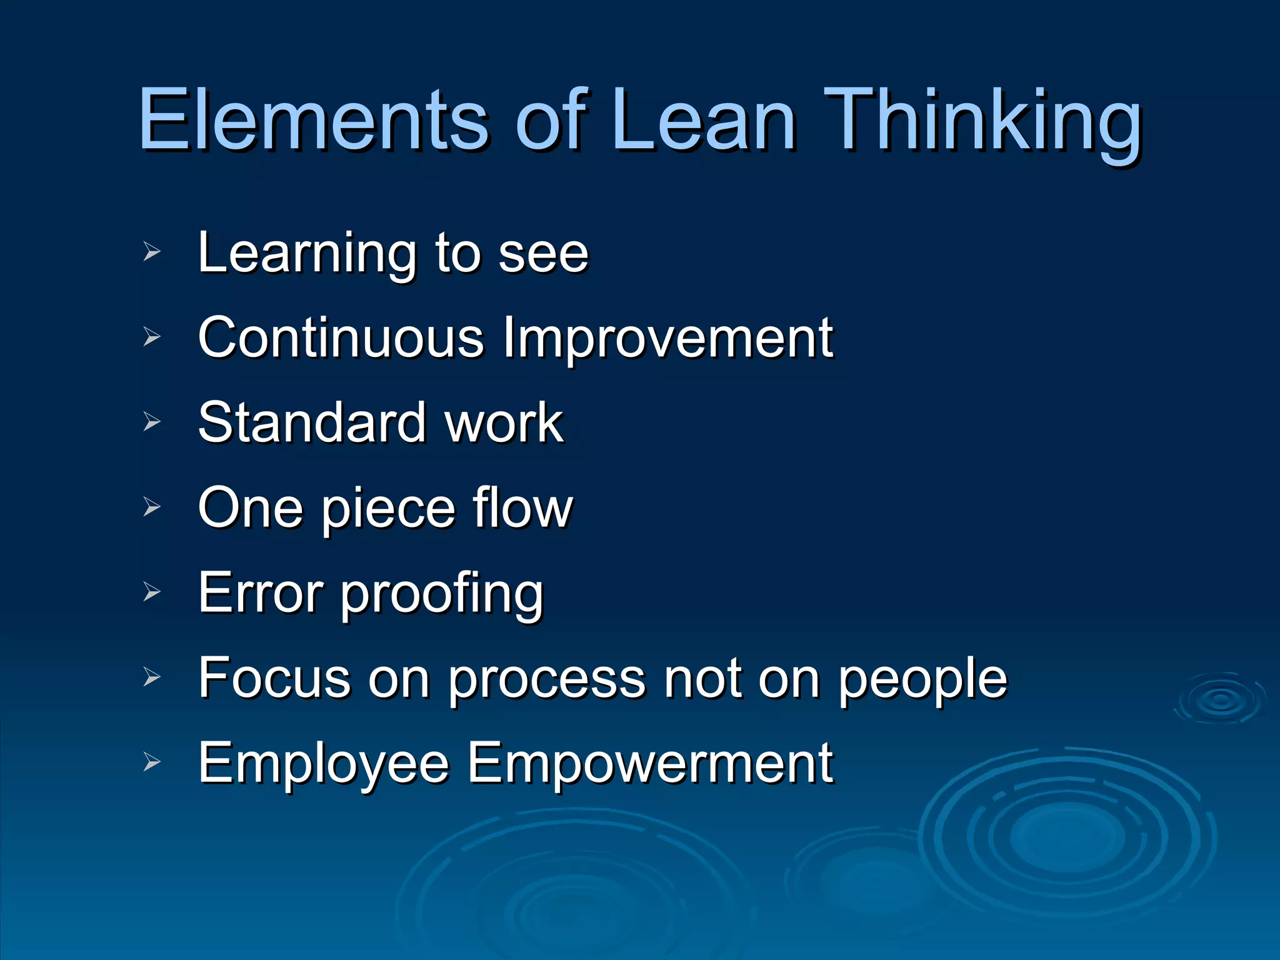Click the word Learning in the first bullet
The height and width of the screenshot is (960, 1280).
click(307, 252)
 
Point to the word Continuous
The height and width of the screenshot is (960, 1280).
click(341, 337)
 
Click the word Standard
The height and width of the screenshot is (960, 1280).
click(312, 422)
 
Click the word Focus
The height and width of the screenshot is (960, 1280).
click(274, 678)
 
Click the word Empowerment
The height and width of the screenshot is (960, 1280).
click(650, 764)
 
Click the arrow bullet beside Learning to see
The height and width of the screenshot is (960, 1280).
click(152, 252)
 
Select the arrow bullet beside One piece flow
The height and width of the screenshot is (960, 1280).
click(152, 507)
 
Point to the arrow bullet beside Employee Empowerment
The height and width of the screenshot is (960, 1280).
click(152, 762)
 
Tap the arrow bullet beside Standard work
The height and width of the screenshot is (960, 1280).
click(152, 422)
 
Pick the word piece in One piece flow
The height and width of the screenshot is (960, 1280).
click(387, 509)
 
